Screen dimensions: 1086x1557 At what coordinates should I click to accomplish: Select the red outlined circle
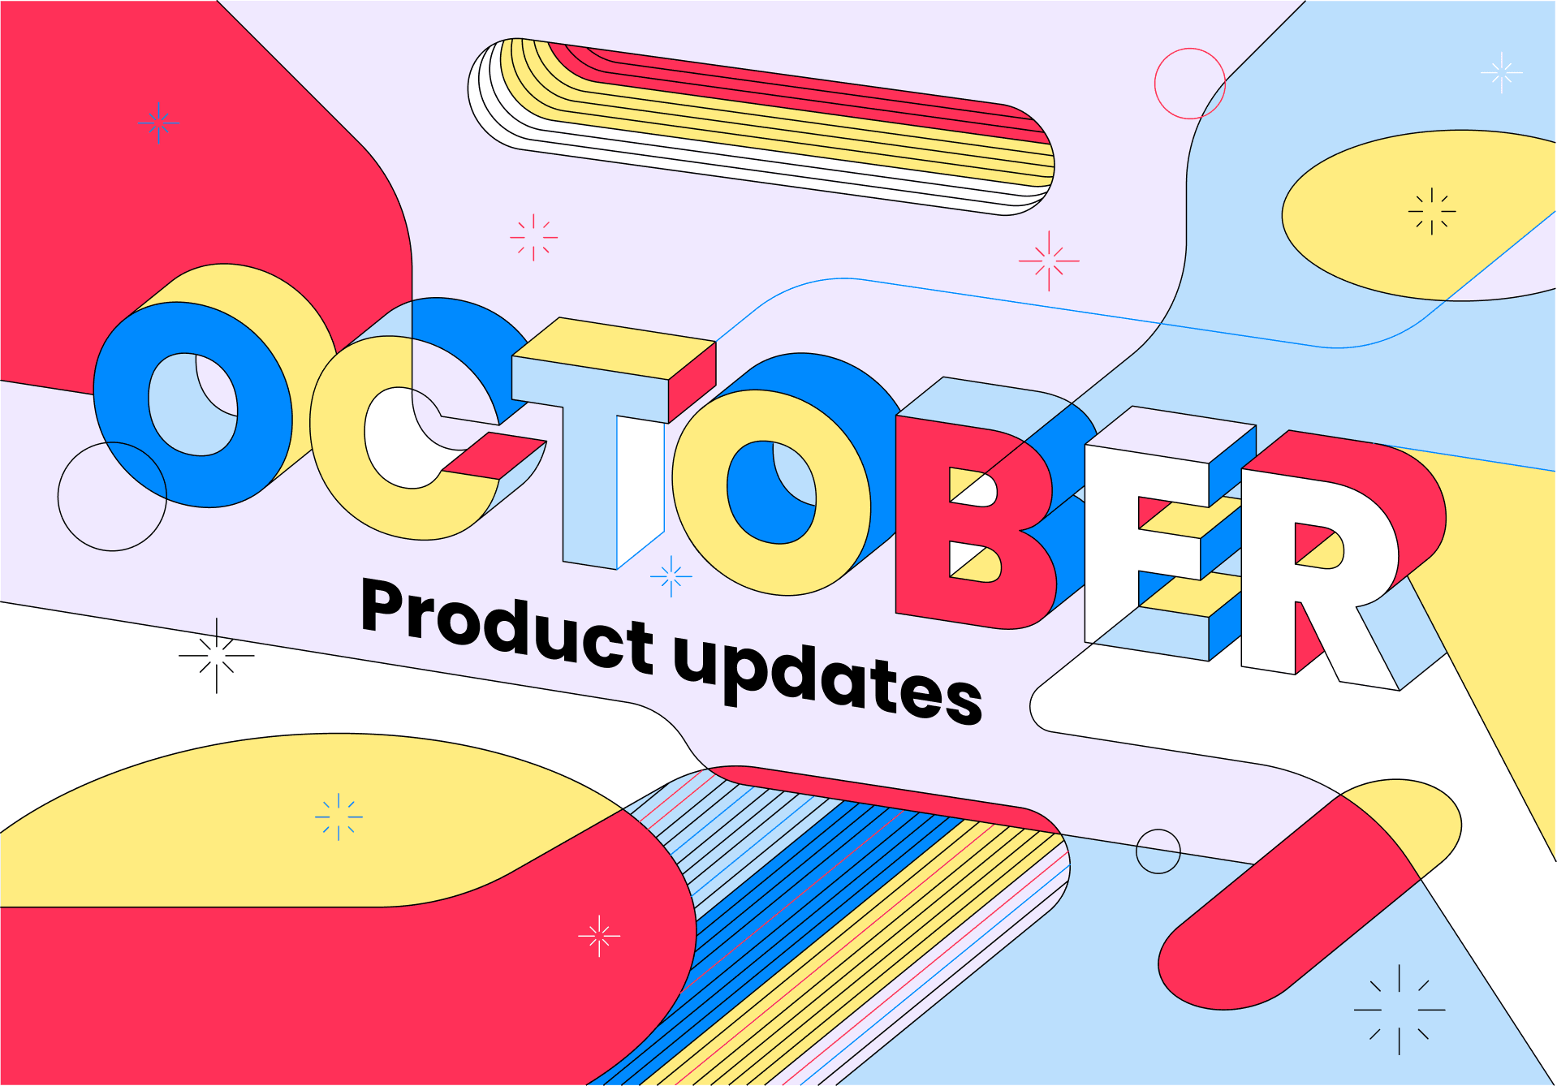(1189, 84)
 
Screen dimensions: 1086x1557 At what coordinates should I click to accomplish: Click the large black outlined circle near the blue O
(112, 496)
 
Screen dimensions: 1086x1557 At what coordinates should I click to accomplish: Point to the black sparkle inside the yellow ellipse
(1432, 212)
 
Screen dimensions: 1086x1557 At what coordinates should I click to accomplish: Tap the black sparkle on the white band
(217, 656)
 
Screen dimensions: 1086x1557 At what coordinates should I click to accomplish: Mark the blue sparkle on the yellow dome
(339, 817)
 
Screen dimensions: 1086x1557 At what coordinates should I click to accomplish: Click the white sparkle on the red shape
(599, 936)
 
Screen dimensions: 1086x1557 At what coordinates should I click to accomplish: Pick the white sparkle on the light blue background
(1501, 73)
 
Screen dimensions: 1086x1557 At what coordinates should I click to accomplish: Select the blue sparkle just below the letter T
(671, 577)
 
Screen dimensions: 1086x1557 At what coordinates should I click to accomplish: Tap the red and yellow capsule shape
(1307, 893)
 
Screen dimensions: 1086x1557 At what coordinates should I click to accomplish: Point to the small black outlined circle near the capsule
(1158, 851)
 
